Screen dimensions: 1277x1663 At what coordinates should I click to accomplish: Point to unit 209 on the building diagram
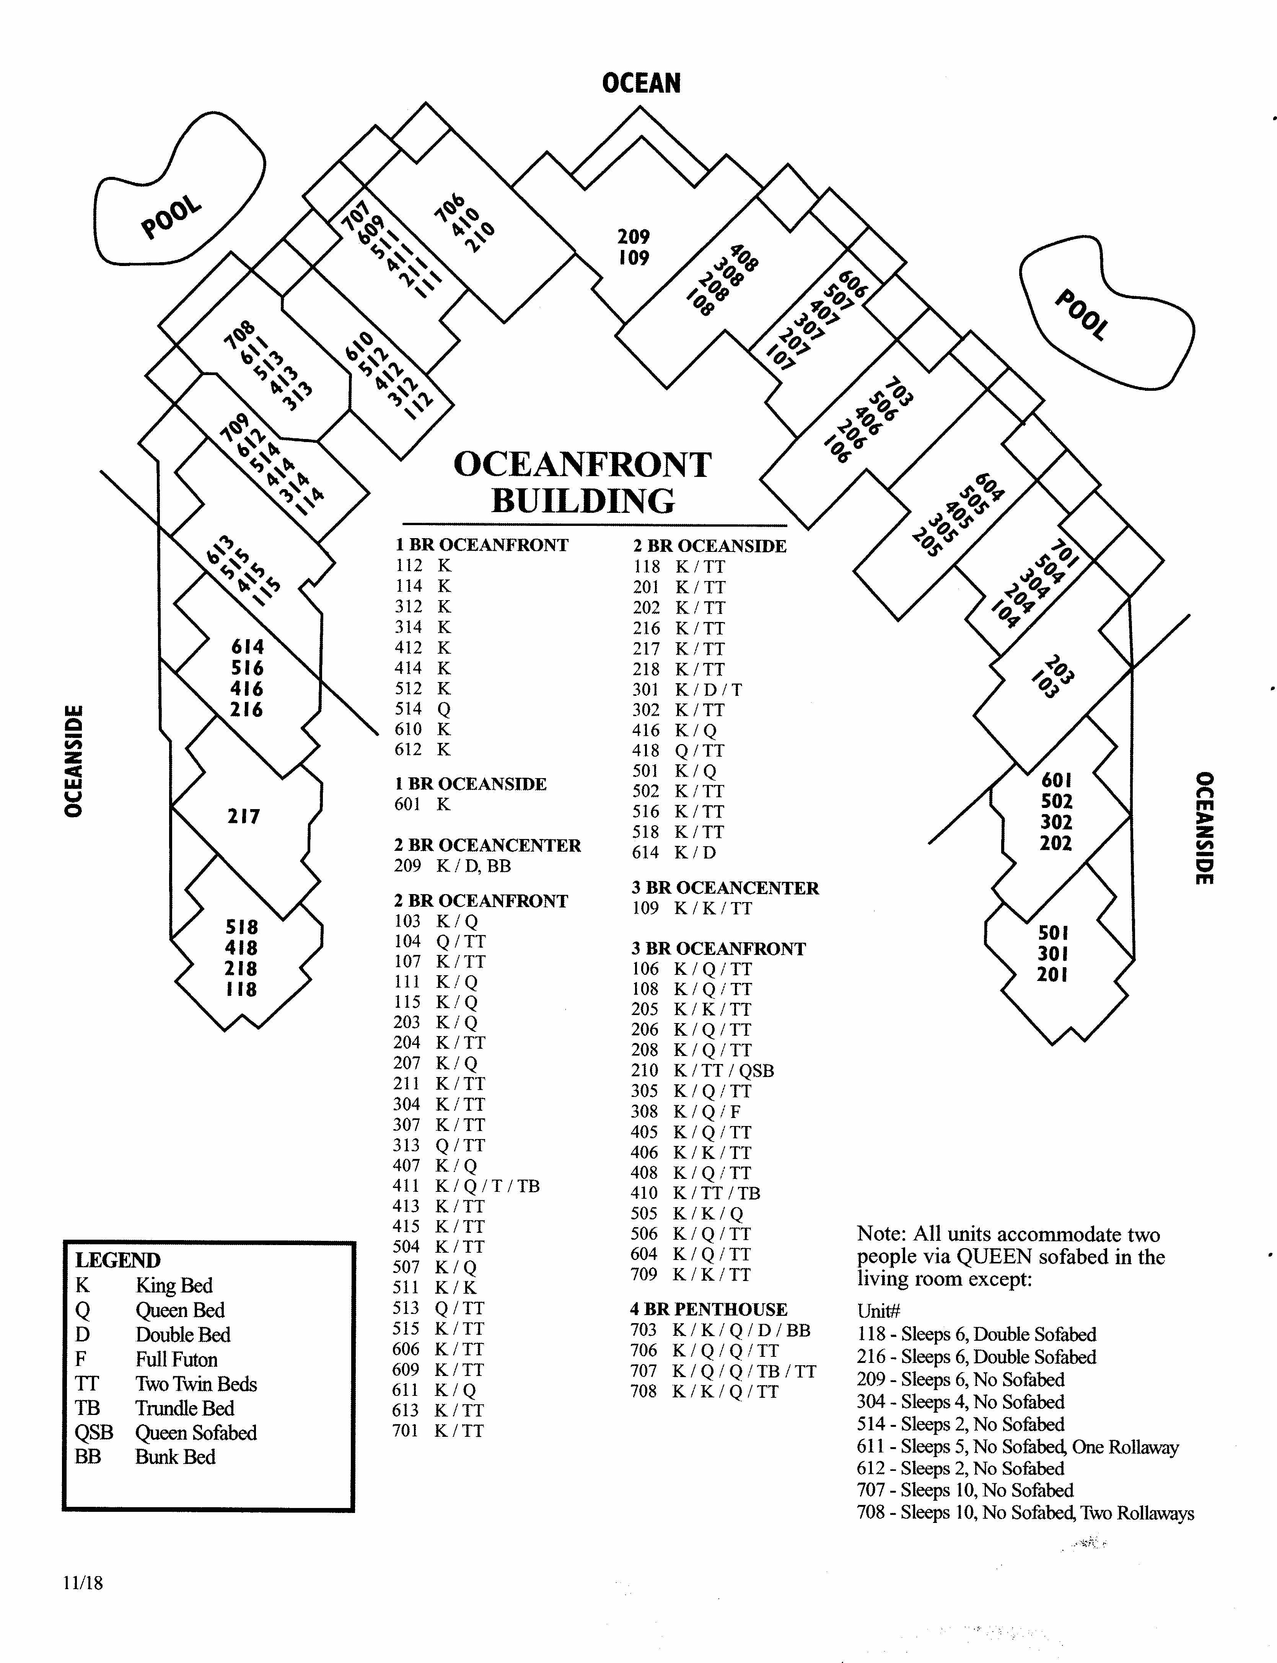(633, 237)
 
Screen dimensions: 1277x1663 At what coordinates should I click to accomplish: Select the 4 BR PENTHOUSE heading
(709, 1309)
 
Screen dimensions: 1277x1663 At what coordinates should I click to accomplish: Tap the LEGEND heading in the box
(118, 1260)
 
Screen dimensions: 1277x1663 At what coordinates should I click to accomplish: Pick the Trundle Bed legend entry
(154, 1408)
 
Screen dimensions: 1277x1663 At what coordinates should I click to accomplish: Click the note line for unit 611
(1018, 1447)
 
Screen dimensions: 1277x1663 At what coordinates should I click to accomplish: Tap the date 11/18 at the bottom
(83, 1583)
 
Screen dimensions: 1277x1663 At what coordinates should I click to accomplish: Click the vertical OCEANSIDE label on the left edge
(74, 761)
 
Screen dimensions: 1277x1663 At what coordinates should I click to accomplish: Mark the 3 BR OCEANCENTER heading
(725, 888)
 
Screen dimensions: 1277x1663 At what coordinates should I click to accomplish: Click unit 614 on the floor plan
(248, 647)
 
